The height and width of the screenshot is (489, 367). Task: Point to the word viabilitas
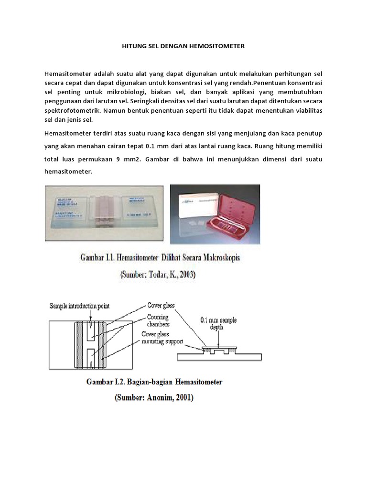(x=305, y=110)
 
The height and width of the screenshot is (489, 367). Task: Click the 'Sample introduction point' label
(x=80, y=305)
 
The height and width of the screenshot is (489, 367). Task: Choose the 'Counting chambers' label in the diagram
(x=158, y=320)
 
